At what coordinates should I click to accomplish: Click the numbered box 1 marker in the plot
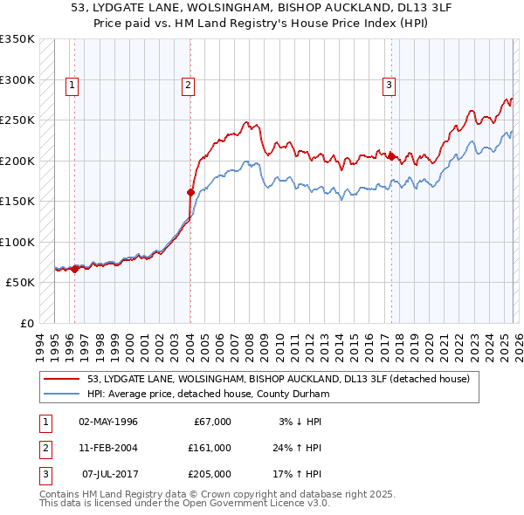tap(71, 85)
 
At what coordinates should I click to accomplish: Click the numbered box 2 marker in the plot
tap(188, 85)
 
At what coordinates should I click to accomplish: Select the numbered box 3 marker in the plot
tap(389, 85)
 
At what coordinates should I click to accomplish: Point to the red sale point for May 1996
tap(74, 269)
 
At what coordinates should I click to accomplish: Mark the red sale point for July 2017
tap(392, 157)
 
